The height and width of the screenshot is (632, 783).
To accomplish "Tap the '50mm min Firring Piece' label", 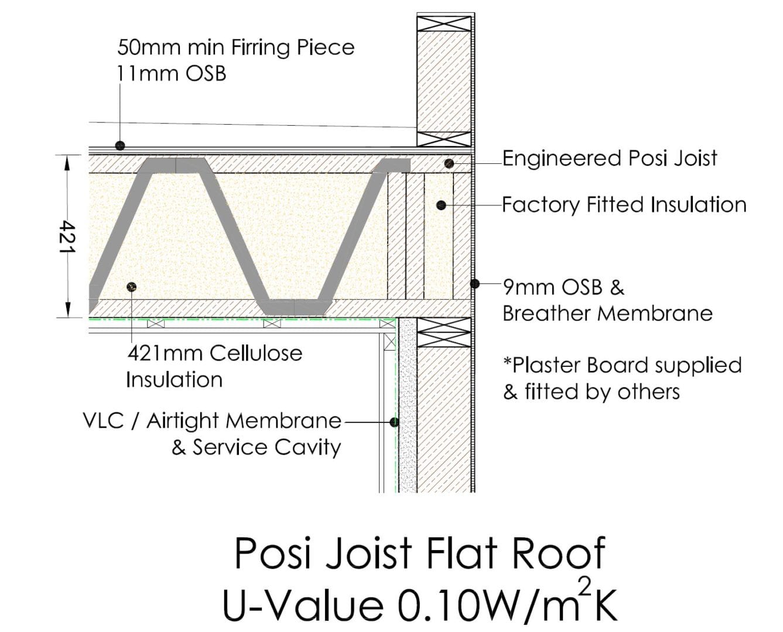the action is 235,48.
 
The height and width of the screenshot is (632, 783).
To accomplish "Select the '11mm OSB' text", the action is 172,74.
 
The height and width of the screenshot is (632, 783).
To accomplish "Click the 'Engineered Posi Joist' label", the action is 610,159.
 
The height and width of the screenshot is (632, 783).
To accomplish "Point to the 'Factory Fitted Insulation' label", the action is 624,205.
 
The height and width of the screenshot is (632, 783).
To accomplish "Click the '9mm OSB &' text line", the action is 563,287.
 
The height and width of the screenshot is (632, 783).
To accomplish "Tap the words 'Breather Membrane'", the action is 607,314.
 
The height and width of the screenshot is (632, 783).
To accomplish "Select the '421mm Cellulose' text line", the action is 215,353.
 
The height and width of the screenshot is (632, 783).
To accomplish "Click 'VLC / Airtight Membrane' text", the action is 212,421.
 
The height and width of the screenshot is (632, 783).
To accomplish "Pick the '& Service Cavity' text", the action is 257,448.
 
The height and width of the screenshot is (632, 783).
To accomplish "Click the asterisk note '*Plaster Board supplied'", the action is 623,366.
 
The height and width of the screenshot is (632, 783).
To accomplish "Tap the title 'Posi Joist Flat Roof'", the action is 419,552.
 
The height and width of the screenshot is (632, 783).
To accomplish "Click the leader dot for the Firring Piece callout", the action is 120,146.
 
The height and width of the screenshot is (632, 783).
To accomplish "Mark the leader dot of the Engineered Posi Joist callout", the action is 449,163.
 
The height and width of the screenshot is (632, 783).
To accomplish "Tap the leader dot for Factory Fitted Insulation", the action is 441,205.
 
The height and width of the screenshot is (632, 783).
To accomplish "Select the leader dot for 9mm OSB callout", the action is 474,283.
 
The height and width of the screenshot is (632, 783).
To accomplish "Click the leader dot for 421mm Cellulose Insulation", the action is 131,287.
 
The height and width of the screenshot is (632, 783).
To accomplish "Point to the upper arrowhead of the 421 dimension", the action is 67,163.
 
